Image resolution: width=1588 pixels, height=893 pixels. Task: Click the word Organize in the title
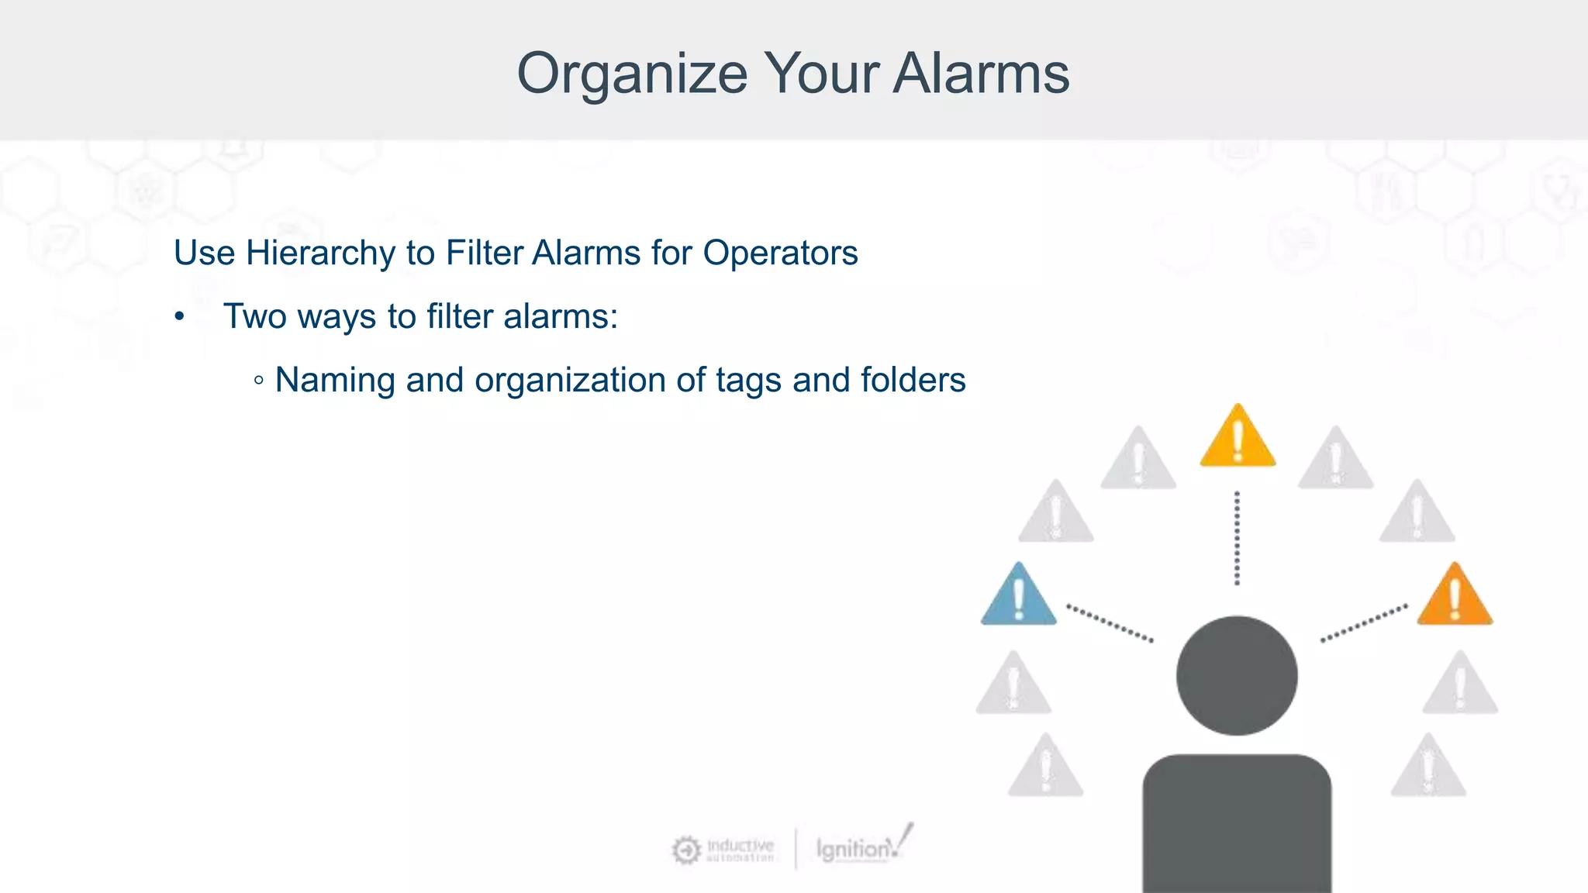click(x=632, y=74)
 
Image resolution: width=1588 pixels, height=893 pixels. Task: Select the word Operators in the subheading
click(x=780, y=253)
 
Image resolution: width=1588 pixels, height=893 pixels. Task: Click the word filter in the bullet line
click(x=460, y=317)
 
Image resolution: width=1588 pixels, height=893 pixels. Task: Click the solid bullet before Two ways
click(x=180, y=317)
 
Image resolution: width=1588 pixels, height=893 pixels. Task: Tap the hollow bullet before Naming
click(x=259, y=381)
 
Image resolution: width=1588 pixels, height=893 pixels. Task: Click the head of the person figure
click(x=1237, y=675)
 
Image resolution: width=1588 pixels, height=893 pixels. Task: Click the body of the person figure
click(x=1237, y=826)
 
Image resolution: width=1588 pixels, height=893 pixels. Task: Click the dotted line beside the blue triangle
click(x=1110, y=623)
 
